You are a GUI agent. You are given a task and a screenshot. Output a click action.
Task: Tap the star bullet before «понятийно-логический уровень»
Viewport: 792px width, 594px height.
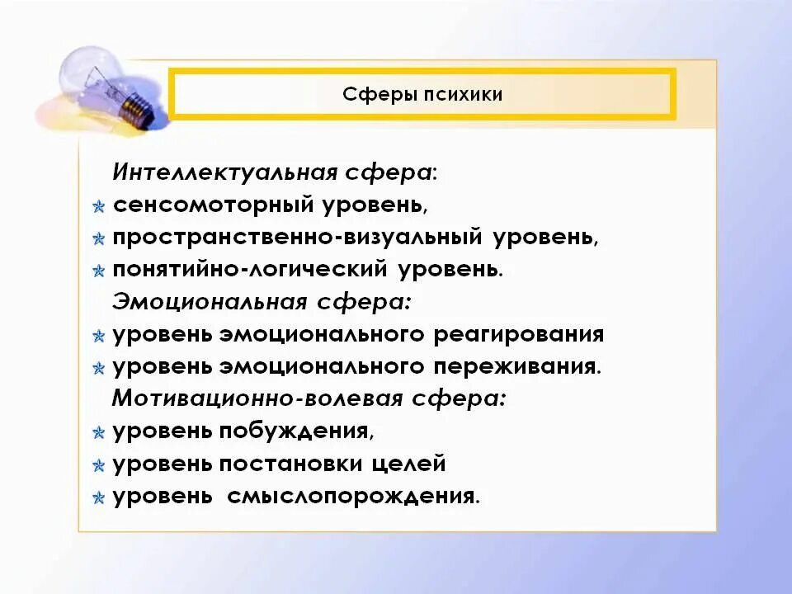[x=98, y=271]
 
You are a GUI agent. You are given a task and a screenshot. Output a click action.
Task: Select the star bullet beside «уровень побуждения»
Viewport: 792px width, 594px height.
[x=98, y=432]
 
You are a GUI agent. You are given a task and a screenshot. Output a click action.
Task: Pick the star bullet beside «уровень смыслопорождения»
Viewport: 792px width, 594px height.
[x=98, y=497]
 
